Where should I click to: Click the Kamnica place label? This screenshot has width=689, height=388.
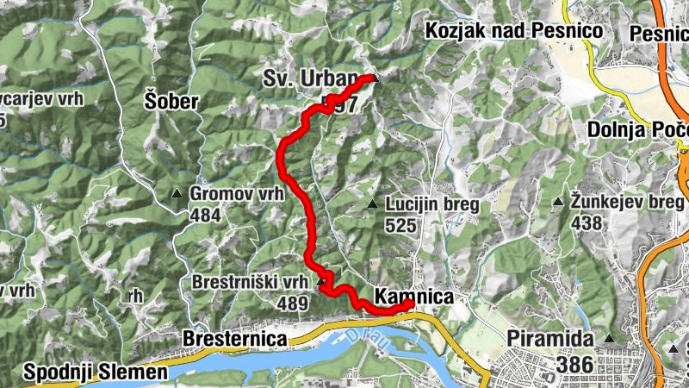[x=415, y=297]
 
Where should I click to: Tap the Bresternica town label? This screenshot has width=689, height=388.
[x=234, y=339]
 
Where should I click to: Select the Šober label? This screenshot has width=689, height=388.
[x=171, y=103]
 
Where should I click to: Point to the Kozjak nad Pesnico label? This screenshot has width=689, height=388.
[x=513, y=31]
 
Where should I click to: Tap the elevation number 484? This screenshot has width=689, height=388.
[x=205, y=215]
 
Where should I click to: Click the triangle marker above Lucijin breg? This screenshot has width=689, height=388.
[x=372, y=204]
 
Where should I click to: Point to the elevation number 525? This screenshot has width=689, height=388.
[x=401, y=226]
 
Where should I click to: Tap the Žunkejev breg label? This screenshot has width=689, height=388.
[x=626, y=202]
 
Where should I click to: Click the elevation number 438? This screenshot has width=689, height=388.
[x=587, y=222]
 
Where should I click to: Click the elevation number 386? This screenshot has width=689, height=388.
[x=574, y=364]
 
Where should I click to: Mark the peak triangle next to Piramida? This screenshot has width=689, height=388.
[x=610, y=338]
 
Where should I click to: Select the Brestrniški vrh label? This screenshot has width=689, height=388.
[x=250, y=283]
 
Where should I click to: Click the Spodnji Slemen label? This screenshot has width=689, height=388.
[x=95, y=372]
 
